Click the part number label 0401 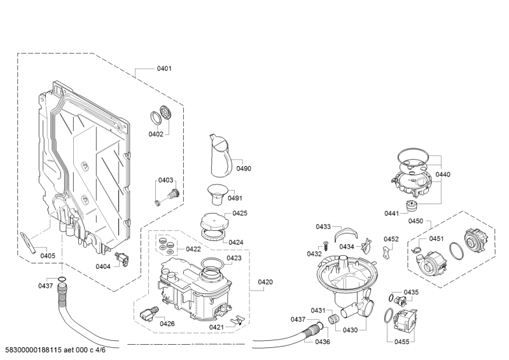tap(164, 68)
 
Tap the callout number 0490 tap(244, 168)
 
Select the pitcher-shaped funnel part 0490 tap(220, 156)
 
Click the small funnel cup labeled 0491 tap(218, 194)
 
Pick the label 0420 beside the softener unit tap(265, 282)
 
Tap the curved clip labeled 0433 tap(346, 233)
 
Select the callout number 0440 tap(443, 174)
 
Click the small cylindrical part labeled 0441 tap(411, 206)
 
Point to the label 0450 tap(415, 221)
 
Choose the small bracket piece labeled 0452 tap(386, 253)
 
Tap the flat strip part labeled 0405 tap(28, 243)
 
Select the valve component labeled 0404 tap(122, 259)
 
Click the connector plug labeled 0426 tap(149, 314)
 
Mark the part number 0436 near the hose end tap(323, 342)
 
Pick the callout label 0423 tap(234, 258)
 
